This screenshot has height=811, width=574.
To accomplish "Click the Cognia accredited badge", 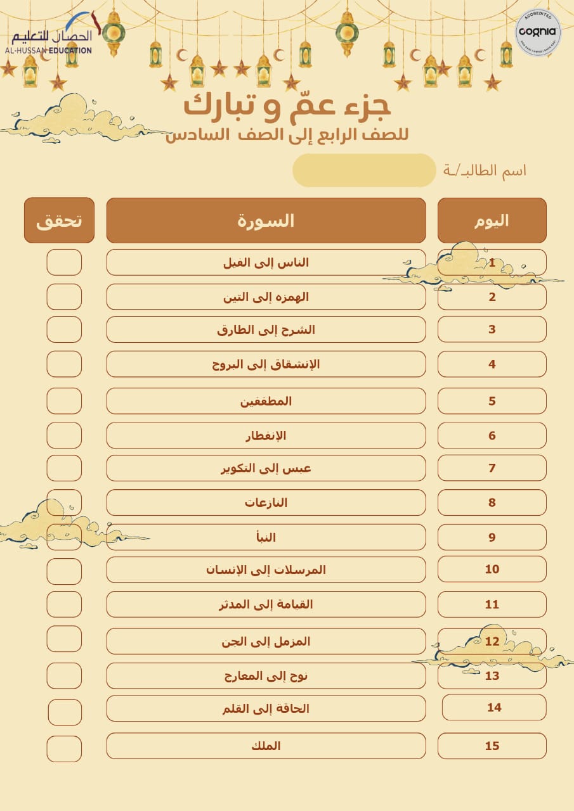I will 538,33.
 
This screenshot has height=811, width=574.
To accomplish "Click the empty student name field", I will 363,170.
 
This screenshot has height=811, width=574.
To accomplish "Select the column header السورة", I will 266,220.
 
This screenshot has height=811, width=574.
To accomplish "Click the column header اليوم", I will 492,220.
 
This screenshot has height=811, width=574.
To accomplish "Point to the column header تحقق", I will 59,220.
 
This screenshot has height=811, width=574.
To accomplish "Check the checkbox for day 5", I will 64,401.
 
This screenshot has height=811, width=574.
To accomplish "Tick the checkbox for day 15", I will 64,746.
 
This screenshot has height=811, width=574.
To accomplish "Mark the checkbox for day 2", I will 64,297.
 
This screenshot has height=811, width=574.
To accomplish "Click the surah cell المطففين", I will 266,401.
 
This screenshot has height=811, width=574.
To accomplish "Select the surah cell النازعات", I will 266,502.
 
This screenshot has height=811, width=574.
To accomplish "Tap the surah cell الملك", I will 266,746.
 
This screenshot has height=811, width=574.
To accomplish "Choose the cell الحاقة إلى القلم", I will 266,708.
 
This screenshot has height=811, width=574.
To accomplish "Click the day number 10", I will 492,569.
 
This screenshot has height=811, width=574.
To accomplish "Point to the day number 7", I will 492,468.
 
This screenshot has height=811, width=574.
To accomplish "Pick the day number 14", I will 493,707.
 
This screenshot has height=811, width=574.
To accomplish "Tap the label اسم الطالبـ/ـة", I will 485,170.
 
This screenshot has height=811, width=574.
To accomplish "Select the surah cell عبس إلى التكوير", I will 266,468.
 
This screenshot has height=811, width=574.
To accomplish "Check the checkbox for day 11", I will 64,604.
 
